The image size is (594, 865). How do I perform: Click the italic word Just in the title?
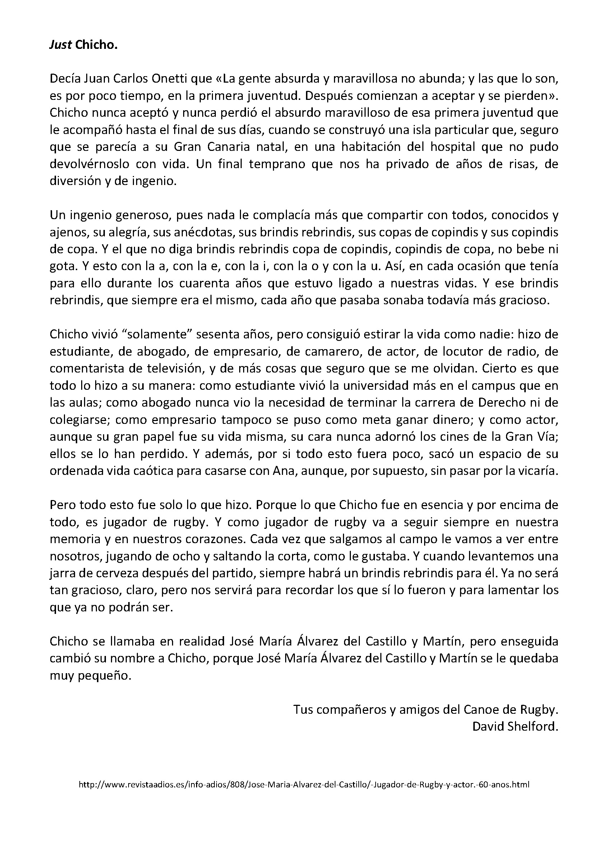point(61,45)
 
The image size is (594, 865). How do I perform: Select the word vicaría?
point(535,471)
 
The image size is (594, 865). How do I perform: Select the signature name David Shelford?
point(515,727)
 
